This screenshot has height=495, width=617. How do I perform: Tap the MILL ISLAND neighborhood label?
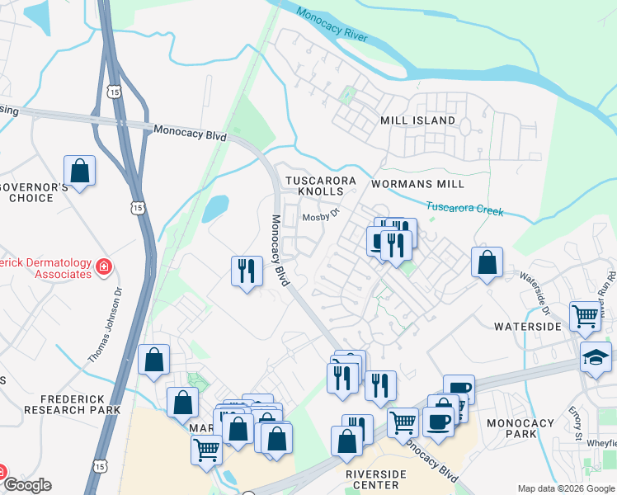click(x=417, y=120)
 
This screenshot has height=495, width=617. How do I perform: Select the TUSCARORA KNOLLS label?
click(x=320, y=186)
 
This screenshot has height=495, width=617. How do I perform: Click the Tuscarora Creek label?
click(x=464, y=208)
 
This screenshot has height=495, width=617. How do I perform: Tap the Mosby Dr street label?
click(x=321, y=216)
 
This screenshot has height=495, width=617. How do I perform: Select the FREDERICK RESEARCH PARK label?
click(x=72, y=403)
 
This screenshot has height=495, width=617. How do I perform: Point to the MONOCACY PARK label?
click(x=520, y=428)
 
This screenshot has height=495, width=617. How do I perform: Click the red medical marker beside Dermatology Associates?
click(x=104, y=266)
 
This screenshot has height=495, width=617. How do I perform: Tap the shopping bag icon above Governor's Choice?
click(x=79, y=172)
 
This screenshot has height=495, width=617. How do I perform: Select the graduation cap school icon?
click(x=596, y=358)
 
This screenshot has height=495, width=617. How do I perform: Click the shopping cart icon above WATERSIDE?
click(x=585, y=315)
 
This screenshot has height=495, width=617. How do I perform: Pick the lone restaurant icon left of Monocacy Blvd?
click(x=245, y=271)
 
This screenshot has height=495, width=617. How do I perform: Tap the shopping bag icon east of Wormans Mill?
click(x=487, y=262)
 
